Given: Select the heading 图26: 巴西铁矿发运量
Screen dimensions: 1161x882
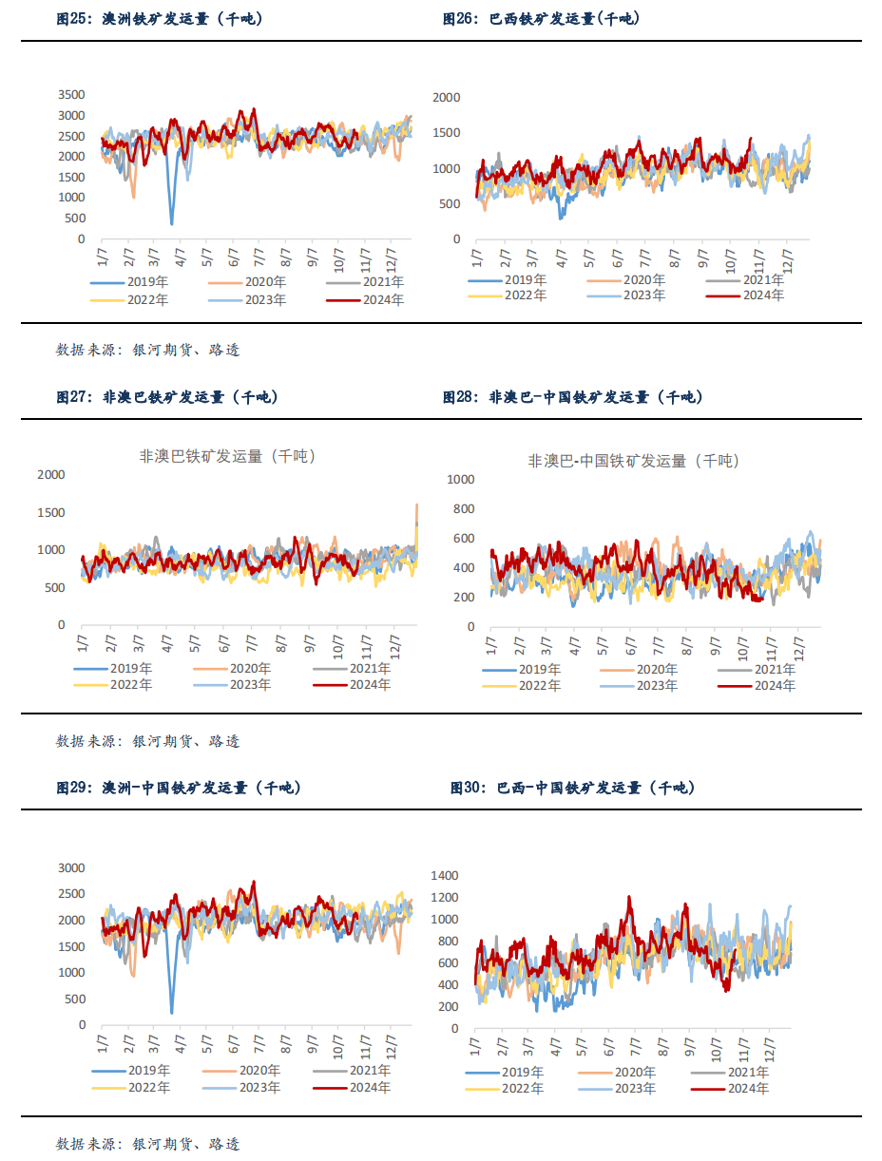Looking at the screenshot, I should (542, 19).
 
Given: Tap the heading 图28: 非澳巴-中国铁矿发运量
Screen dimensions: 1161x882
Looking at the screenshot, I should (573, 397).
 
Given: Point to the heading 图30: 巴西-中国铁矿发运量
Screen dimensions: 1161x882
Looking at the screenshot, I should (573, 788).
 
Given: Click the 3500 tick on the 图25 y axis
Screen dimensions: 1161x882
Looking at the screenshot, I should (70, 94).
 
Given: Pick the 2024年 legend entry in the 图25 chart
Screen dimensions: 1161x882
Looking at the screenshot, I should (366, 300).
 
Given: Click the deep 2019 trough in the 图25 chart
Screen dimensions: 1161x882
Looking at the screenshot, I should (172, 222).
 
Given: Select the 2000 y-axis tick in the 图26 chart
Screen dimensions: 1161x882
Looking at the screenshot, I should (447, 97).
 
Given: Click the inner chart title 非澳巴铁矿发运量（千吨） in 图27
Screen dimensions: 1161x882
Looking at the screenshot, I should (228, 456).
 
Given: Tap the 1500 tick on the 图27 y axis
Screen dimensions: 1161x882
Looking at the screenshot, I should (52, 512).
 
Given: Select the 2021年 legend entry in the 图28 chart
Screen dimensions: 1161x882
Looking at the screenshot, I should (755, 670).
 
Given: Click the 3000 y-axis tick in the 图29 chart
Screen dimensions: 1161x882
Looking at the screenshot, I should (70, 867).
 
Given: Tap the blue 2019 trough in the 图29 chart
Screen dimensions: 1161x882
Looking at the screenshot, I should (172, 1010).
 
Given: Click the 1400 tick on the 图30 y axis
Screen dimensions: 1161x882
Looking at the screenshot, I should (445, 875).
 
